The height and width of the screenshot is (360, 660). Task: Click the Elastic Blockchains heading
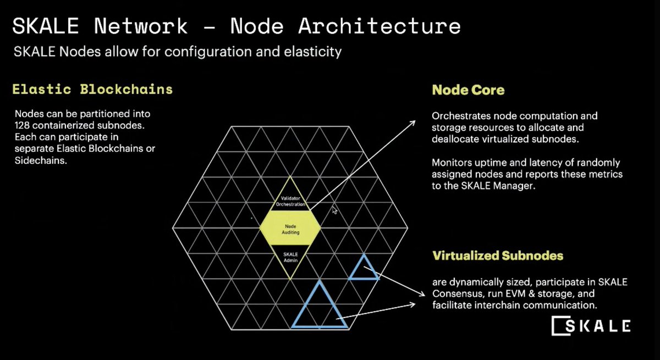[92, 89]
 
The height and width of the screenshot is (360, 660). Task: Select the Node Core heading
[468, 90]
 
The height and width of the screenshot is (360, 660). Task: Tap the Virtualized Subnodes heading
[497, 256]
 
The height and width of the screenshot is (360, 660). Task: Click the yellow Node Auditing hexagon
[290, 229]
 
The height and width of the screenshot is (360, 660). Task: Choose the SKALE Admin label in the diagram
[290, 257]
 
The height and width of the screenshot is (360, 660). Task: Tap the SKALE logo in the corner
[591, 325]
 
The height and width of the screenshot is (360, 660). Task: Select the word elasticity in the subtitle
[314, 53]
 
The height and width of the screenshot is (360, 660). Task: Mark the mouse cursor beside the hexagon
[334, 210]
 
